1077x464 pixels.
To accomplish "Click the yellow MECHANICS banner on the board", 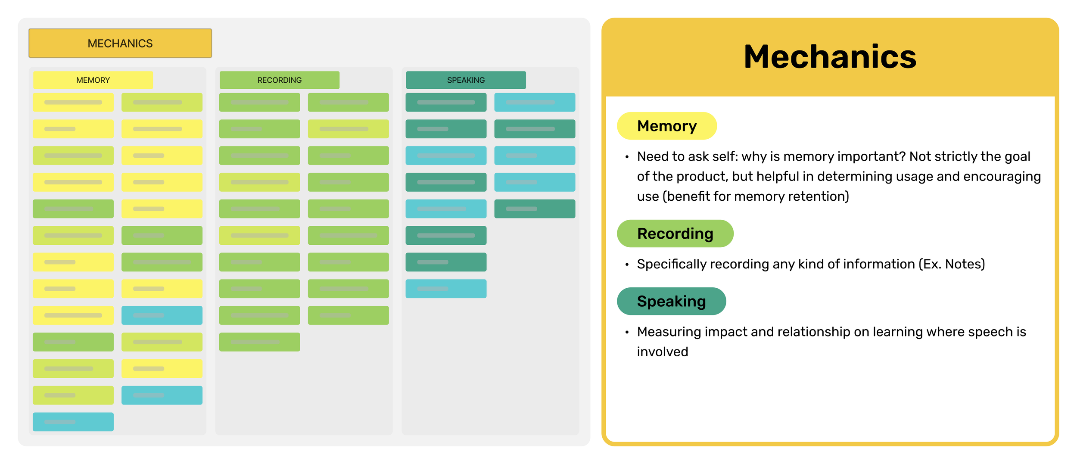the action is tap(120, 43).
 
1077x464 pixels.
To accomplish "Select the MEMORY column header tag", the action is tap(93, 80).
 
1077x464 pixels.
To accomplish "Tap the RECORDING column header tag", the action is tap(279, 80).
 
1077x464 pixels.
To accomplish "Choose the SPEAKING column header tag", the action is tap(466, 80).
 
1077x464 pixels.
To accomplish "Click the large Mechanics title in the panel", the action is tap(830, 57).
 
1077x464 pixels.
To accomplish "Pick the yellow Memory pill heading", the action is tap(666, 126).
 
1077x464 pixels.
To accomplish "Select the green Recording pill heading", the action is tap(675, 234).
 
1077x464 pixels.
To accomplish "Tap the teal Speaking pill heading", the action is tap(671, 302).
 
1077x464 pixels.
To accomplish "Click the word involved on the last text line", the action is tap(663, 352).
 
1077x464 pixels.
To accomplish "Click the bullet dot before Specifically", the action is tap(627, 265).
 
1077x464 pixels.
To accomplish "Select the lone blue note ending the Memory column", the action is tap(73, 422).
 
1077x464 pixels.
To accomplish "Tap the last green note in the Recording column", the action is tap(259, 342).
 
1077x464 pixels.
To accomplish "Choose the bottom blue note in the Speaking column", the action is tap(446, 289).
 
